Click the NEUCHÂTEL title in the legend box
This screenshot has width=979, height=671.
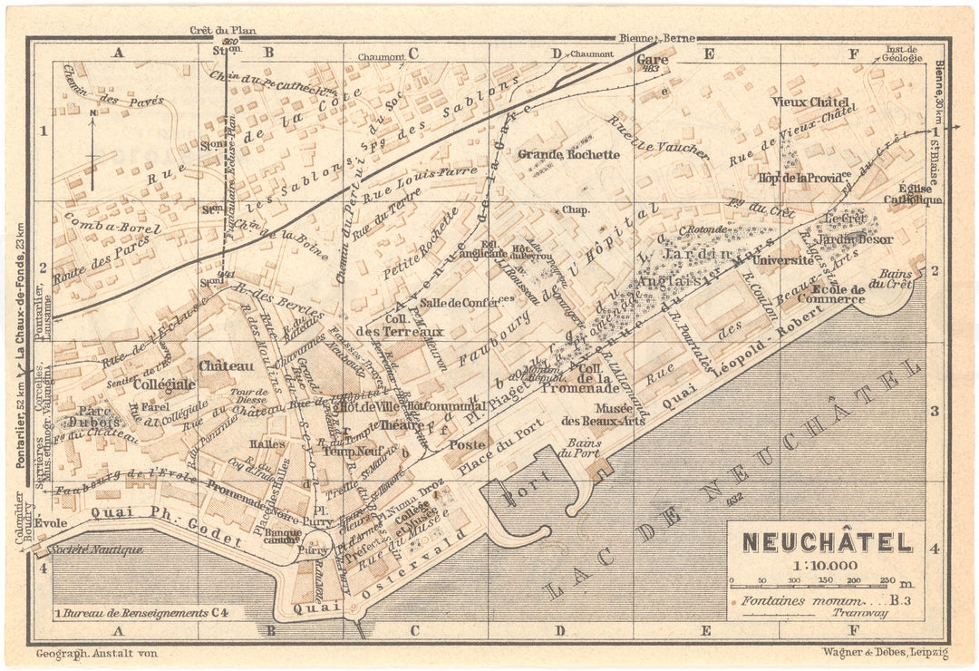click(x=827, y=542)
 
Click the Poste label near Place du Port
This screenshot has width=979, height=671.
click(x=468, y=445)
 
